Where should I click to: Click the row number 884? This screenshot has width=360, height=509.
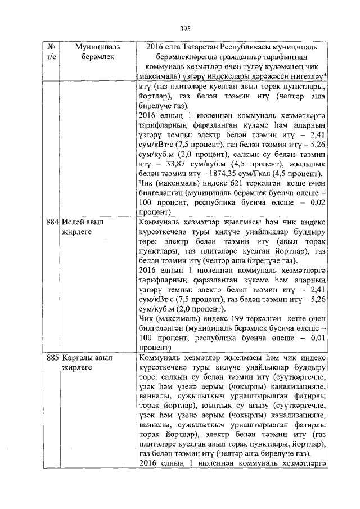[x=53, y=222]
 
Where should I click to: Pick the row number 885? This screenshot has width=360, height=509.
[x=53, y=357]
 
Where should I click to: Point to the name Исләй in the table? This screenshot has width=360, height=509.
[x=73, y=222]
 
